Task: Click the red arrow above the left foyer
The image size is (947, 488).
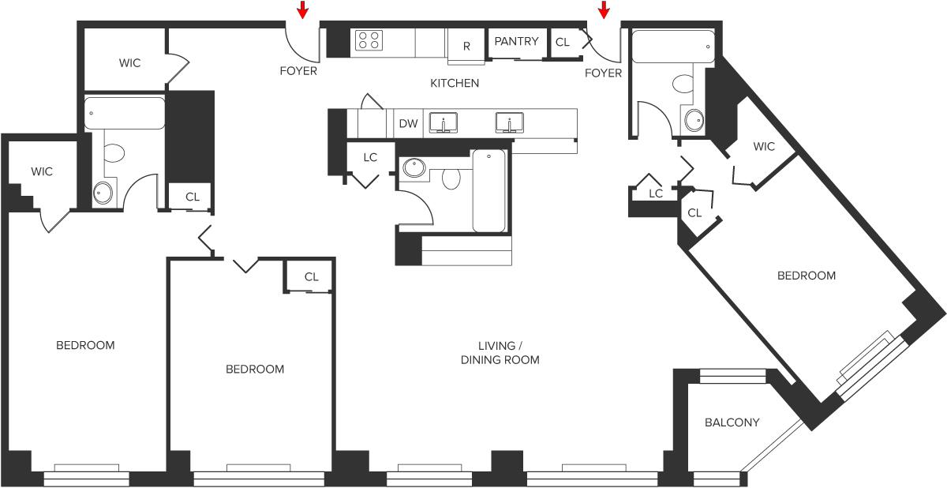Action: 302,10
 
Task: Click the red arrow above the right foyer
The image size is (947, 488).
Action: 605,10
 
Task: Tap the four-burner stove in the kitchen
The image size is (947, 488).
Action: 369,40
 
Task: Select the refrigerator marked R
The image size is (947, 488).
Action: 466,46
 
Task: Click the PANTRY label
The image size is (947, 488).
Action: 516,41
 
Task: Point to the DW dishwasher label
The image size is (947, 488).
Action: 408,123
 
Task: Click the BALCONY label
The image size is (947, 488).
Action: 732,422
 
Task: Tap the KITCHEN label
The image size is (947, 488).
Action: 455,83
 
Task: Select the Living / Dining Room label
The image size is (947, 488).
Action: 500,353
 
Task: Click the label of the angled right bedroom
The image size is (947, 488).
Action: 806,276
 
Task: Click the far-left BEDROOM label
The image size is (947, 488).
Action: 85,345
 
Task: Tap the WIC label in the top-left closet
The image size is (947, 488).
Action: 130,63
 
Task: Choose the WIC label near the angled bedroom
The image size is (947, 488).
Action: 764,146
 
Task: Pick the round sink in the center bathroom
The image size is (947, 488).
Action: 414,167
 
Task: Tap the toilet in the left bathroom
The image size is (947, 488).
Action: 114,152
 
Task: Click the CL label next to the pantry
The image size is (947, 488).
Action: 562,42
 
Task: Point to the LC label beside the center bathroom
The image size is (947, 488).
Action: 370,157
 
